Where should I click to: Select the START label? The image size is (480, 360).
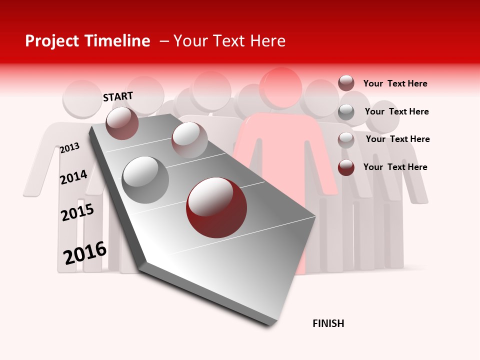pyautogui.click(x=118, y=96)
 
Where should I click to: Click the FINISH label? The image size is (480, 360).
pyautogui.click(x=328, y=323)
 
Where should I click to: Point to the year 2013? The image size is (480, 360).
pyautogui.click(x=69, y=148)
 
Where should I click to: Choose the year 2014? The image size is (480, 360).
pyautogui.click(x=73, y=177)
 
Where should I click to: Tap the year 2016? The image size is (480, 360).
pyautogui.click(x=85, y=253)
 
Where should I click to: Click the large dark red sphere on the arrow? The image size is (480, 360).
pyautogui.click(x=216, y=207)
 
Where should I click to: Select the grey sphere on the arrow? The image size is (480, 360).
pyautogui.click(x=145, y=179)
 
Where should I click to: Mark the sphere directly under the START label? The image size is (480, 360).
pyautogui.click(x=122, y=123)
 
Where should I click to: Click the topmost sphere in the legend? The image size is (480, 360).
pyautogui.click(x=346, y=83)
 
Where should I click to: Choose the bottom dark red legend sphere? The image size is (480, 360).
pyautogui.click(x=346, y=167)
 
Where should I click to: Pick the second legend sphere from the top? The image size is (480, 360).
pyautogui.click(x=346, y=112)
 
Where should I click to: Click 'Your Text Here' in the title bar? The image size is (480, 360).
pyautogui.click(x=229, y=41)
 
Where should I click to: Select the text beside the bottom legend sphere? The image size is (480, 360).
pyautogui.click(x=395, y=167)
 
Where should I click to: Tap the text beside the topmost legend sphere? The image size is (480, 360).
pyautogui.click(x=395, y=83)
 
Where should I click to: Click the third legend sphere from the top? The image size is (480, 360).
pyautogui.click(x=346, y=140)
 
